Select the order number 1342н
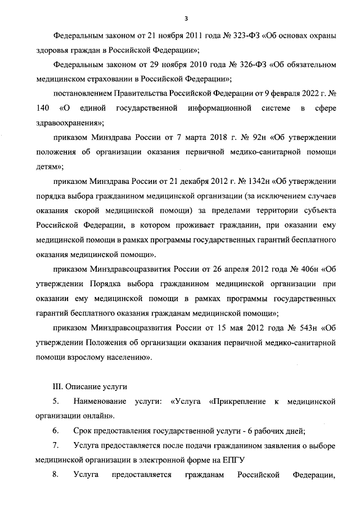(256, 181)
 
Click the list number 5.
(56, 402)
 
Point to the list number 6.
(56, 431)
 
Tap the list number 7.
(56, 446)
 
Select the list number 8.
(56, 475)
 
